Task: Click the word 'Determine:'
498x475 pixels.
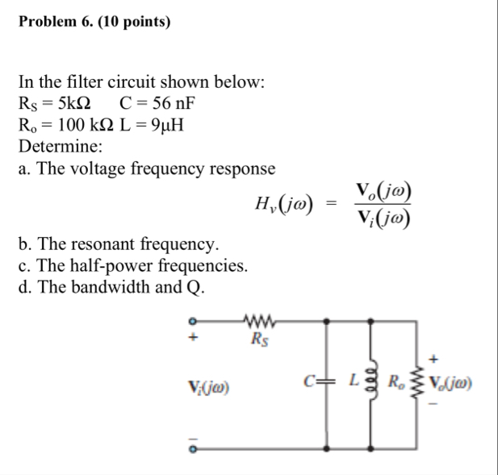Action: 60,147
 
